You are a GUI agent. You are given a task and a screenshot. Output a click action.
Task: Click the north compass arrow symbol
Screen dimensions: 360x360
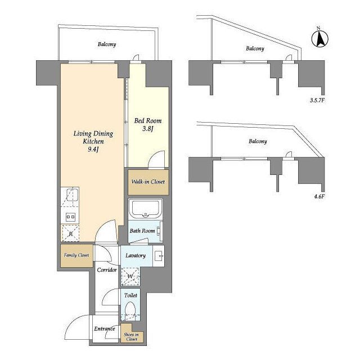320,39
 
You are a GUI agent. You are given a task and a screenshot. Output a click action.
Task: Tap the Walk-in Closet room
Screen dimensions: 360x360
148,182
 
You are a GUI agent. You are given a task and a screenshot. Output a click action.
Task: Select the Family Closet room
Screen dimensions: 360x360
76,255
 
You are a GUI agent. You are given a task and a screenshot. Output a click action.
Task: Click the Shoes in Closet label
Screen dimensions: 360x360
131,337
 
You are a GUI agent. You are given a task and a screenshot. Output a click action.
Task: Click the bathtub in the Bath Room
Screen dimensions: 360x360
145,209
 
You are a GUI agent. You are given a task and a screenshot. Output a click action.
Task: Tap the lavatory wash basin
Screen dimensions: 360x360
159,256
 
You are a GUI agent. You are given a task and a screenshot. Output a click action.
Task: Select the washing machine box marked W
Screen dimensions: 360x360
130,276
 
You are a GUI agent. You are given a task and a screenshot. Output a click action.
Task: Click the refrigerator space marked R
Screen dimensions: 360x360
70,233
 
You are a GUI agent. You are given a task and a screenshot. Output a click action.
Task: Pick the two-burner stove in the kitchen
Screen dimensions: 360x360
70,217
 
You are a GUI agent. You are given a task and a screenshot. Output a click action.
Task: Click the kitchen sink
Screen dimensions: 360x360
73,195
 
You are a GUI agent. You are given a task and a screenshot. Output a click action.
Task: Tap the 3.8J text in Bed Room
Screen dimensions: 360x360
147,129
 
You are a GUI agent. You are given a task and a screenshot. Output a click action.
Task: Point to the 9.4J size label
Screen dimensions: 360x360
93,150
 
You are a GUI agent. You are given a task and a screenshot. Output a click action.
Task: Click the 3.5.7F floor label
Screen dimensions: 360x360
317,100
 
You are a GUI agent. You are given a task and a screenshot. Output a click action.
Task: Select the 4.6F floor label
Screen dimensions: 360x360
319,196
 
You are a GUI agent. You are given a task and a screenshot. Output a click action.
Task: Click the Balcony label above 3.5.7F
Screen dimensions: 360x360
255,48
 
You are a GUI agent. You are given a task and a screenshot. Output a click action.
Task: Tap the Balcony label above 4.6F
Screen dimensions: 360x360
258,141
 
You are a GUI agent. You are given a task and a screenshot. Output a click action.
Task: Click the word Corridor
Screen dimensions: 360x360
107,270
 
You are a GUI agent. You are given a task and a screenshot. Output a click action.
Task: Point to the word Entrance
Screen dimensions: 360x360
105,328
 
